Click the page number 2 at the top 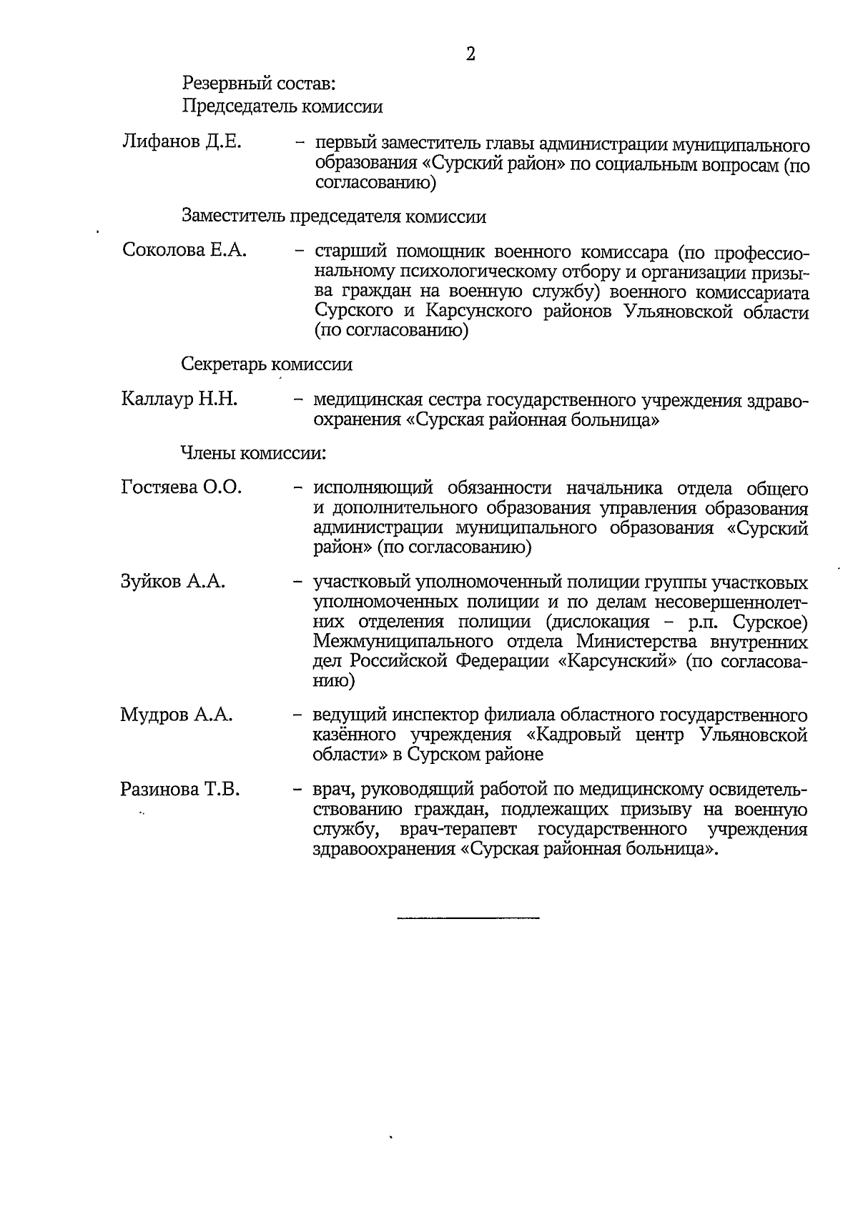[x=470, y=54]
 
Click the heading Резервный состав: [x=259, y=84]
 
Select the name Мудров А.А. [x=177, y=715]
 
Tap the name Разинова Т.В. [x=179, y=790]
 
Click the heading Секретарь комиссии [x=267, y=364]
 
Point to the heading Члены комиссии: [x=253, y=453]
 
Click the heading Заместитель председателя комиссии [x=334, y=217]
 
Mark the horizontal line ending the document [x=468, y=917]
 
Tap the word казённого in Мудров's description [x=355, y=735]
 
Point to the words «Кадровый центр [x=607, y=735]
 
